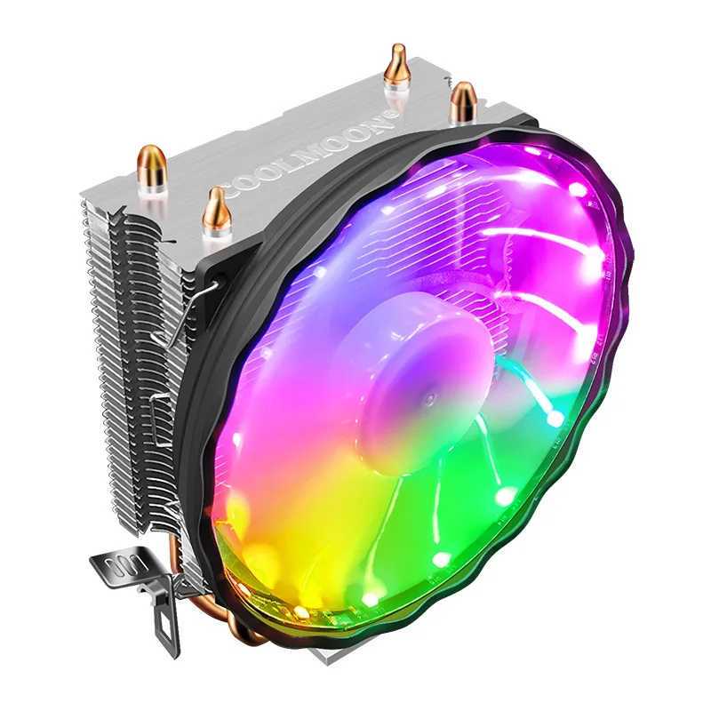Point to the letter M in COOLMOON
click(x=325, y=149)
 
